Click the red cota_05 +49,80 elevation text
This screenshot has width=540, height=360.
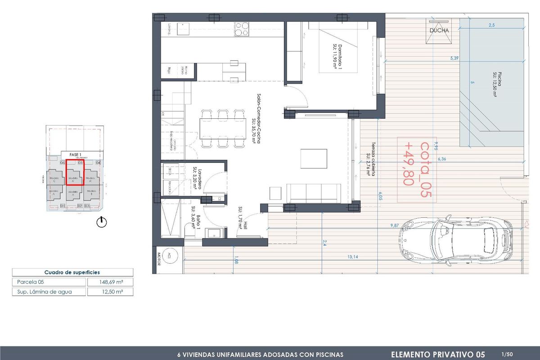point(416,169)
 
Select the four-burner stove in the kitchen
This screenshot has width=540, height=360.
point(242,30)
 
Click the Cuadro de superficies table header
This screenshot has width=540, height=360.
point(72,272)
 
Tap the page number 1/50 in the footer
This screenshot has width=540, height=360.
point(506,354)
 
